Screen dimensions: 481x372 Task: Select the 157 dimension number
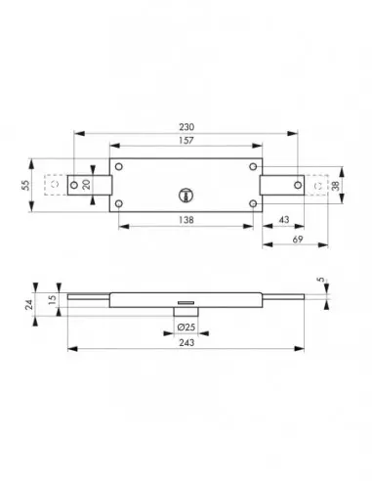click(186, 141)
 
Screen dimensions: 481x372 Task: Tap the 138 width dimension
click(186, 222)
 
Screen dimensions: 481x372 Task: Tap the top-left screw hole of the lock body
click(118, 164)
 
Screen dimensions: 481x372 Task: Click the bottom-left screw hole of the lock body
click(118, 203)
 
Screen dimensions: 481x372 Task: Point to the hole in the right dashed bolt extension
click(314, 184)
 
